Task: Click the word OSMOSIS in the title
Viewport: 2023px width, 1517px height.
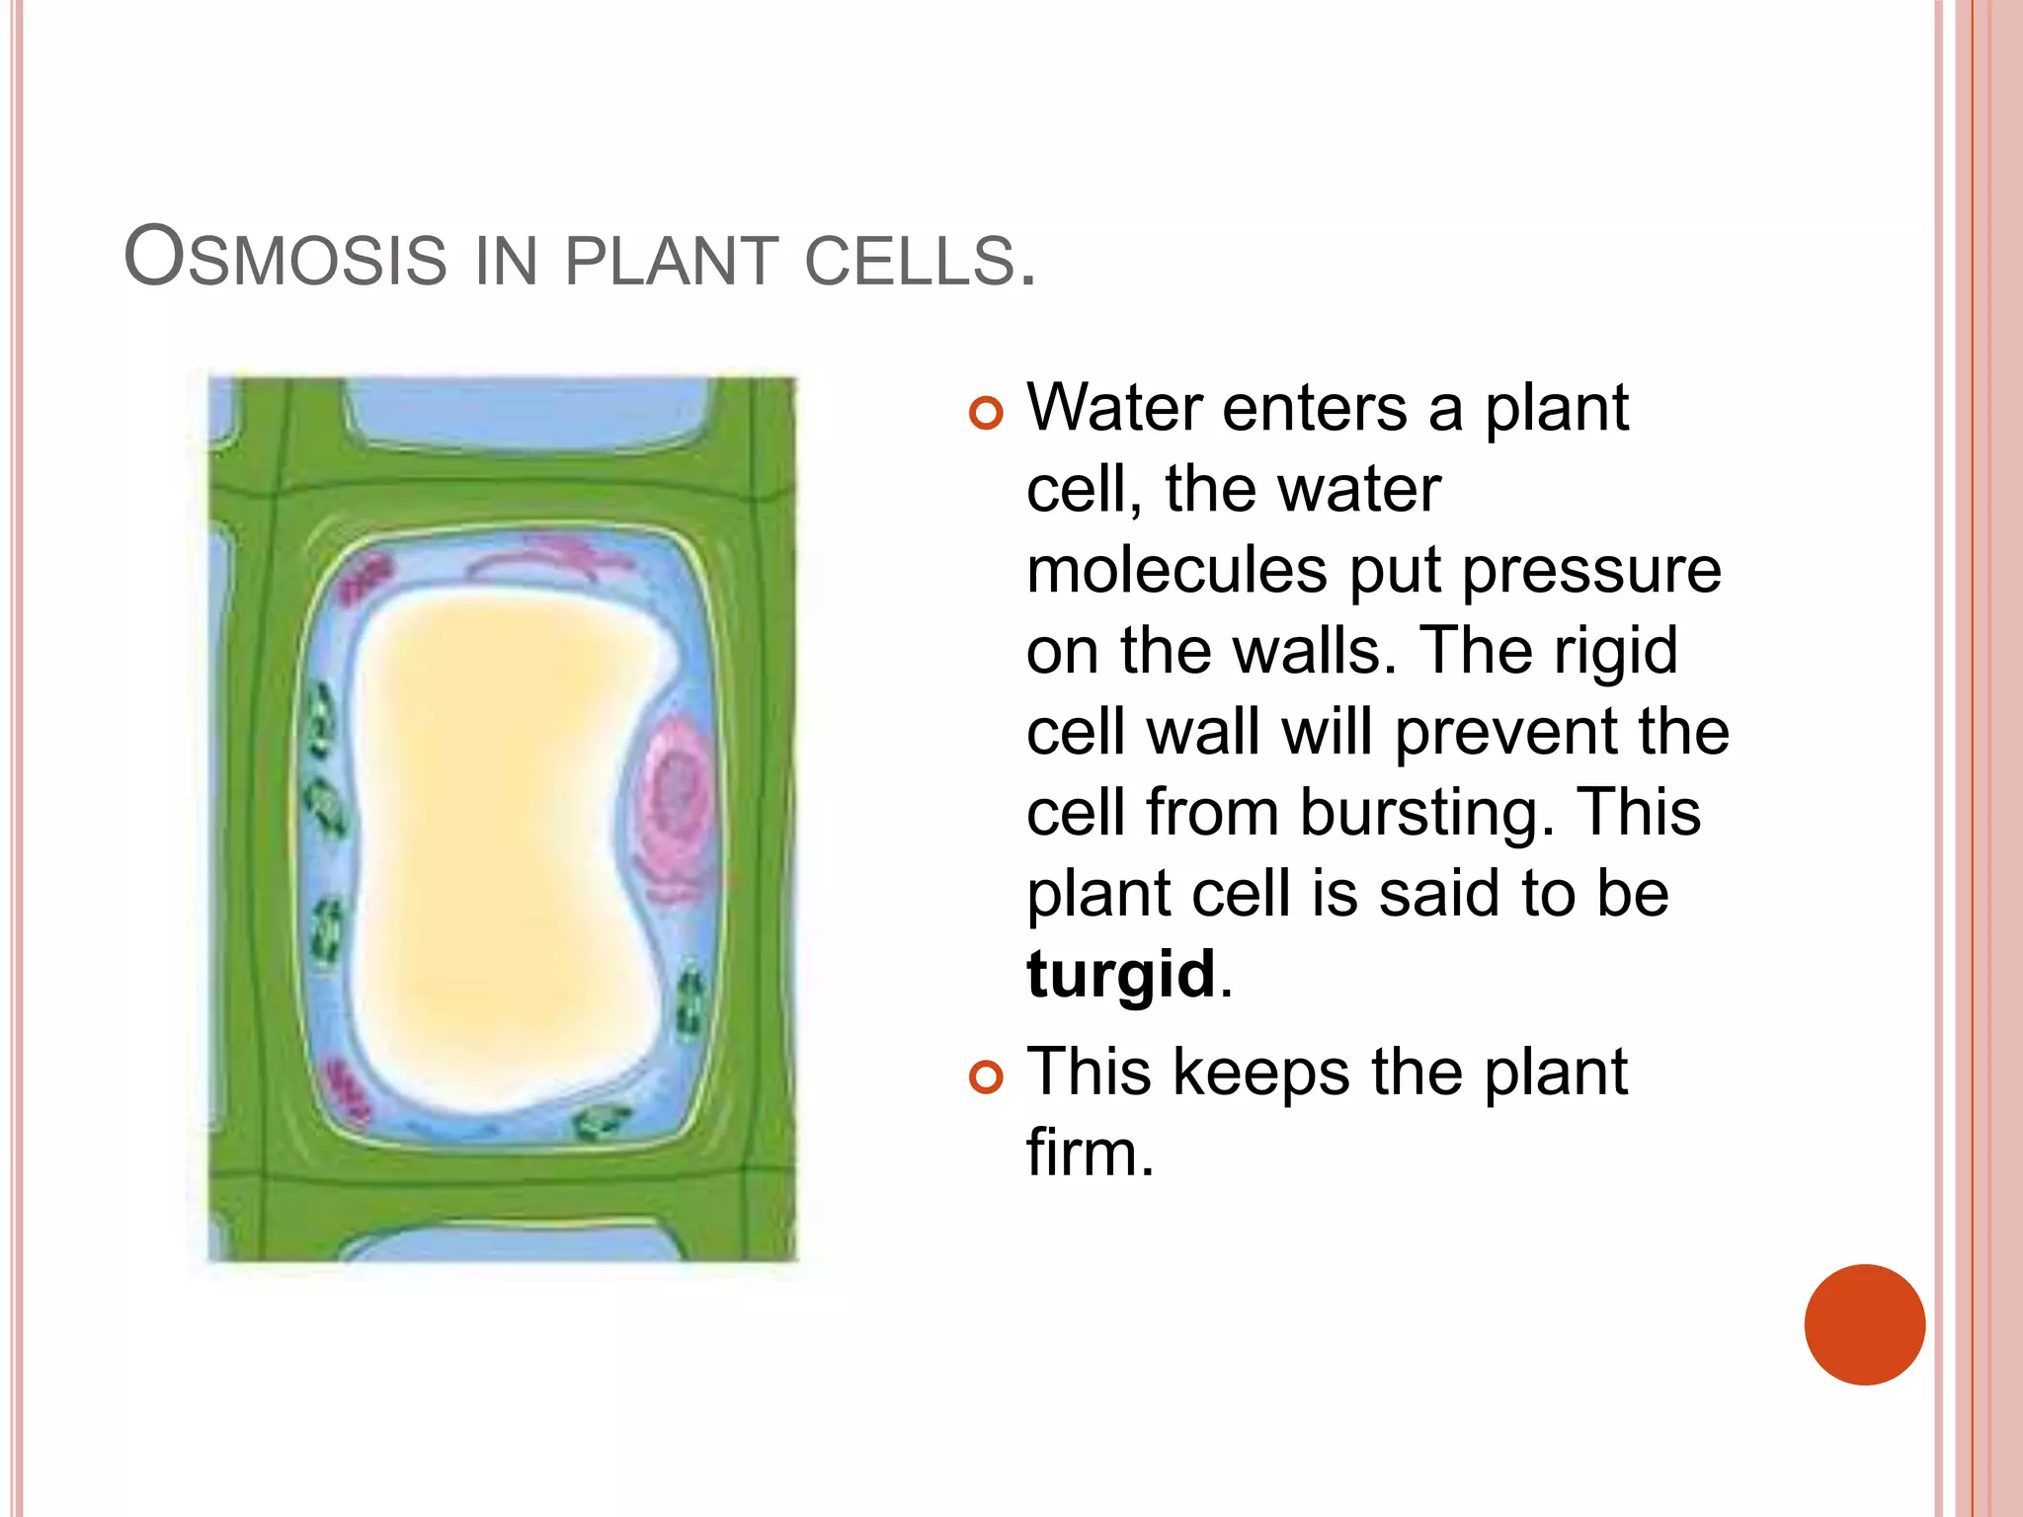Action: (285, 259)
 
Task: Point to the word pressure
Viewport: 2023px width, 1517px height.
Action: (1591, 571)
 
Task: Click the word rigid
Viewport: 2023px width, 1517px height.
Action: (1616, 652)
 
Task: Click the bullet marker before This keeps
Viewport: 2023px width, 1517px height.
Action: (986, 1077)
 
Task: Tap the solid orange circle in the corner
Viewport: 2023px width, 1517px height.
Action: (1864, 1324)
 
